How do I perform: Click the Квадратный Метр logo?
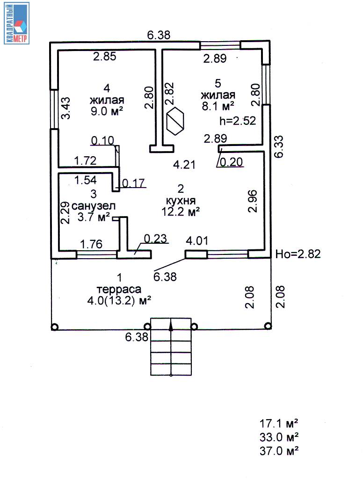17,23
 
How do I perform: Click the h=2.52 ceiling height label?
237,121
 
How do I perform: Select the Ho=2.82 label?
297,254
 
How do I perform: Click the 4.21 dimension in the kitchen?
183,164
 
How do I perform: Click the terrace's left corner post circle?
55,327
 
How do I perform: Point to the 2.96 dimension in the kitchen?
253,201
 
